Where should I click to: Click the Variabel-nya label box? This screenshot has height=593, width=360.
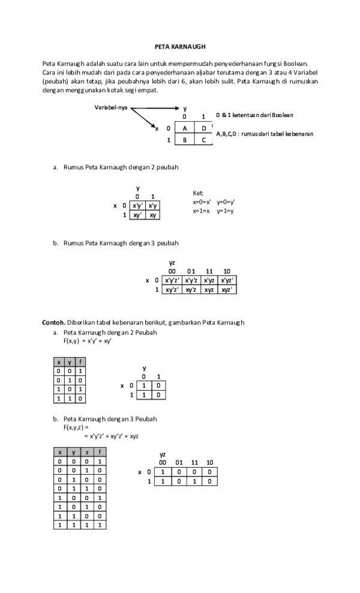click(113, 108)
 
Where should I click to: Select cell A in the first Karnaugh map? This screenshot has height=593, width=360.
click(185, 128)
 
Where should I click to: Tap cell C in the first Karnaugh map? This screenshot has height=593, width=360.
click(203, 140)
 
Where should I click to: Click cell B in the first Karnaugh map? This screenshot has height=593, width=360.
click(185, 140)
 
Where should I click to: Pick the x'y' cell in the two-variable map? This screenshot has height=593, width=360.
click(137, 205)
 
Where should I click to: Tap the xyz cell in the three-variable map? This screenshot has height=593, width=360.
click(209, 289)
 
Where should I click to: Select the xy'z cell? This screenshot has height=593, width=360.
click(191, 289)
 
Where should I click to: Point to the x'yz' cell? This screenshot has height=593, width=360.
click(227, 280)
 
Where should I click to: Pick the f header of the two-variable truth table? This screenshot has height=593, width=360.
click(81, 362)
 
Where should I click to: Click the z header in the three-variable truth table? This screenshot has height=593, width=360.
click(86, 452)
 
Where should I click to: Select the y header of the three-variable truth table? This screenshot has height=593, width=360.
click(73, 452)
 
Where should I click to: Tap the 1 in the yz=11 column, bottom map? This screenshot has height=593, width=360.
click(194, 481)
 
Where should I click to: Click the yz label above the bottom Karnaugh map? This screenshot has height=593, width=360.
click(162, 455)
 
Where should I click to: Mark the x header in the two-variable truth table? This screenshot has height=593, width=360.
click(58, 362)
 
